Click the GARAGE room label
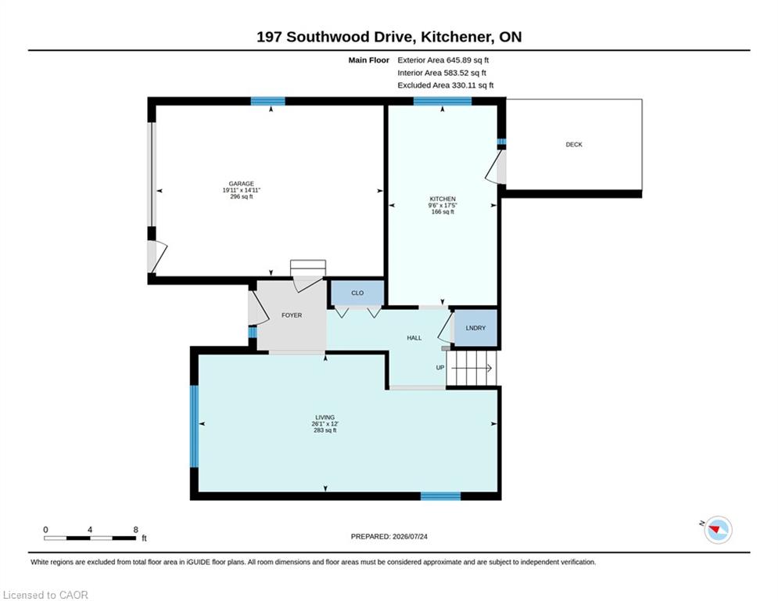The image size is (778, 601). coord(241,184)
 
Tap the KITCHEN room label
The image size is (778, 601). coord(443,199)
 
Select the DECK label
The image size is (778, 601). coord(574,145)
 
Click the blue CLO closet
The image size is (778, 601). coord(357,293)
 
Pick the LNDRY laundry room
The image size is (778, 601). coord(475,328)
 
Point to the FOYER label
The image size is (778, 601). coord(292,315)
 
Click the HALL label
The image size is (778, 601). coord(414,338)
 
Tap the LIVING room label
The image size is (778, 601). coord(325,417)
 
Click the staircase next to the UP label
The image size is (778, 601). coord(471,368)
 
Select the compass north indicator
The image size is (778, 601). coord(718,530)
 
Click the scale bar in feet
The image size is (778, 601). coord(90,538)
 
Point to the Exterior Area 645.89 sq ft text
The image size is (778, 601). coord(443,60)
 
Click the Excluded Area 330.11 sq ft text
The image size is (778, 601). coord(446,85)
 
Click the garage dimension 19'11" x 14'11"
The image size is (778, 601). coord(241,190)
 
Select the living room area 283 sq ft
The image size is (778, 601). coord(325,430)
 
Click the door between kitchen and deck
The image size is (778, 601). coord(497,167)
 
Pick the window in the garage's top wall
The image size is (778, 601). coord(268,101)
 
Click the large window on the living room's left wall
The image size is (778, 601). coord(195,426)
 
